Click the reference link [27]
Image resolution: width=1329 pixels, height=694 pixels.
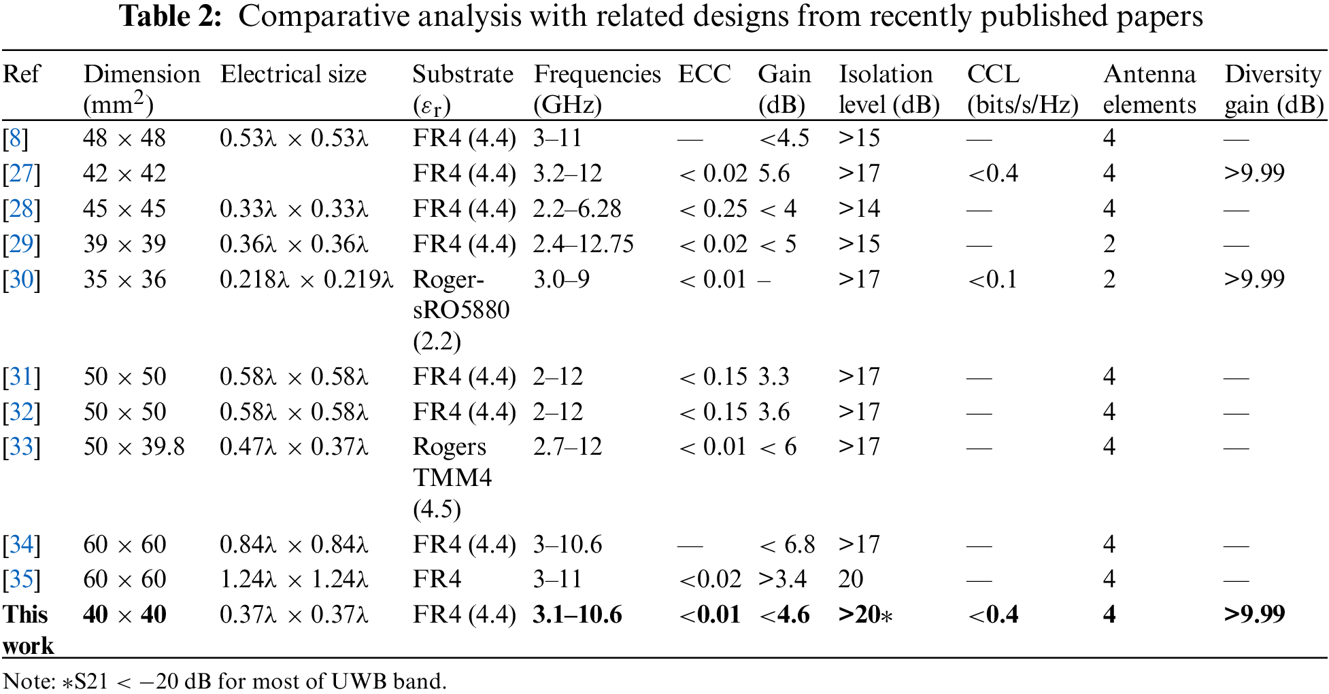[x=21, y=173]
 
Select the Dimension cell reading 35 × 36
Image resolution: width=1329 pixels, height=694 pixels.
[x=124, y=279]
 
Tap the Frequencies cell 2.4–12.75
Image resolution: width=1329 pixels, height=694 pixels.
[x=583, y=244]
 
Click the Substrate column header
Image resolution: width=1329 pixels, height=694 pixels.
[x=462, y=89]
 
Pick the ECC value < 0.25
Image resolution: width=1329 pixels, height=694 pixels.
[x=713, y=209]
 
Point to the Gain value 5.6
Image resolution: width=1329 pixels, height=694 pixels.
[x=774, y=173]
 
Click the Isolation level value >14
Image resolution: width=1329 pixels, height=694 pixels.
[x=859, y=209]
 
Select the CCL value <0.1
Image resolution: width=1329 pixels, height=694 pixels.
[x=992, y=279]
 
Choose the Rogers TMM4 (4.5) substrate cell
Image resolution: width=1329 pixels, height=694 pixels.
[x=452, y=477]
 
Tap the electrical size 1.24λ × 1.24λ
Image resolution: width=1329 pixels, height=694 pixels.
[x=294, y=579]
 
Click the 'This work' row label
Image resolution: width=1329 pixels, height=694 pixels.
[x=28, y=629]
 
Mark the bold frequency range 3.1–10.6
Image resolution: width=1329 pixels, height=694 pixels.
[x=577, y=614]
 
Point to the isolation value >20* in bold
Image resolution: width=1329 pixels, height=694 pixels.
[x=865, y=614]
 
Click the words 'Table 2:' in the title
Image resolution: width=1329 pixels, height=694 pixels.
[x=171, y=16]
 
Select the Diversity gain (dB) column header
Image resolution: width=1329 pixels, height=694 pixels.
[x=1273, y=89]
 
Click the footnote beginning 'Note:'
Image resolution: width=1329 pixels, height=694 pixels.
[x=224, y=680]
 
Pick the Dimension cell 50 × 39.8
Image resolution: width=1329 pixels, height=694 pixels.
[x=134, y=447]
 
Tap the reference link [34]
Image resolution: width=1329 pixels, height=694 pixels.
[x=21, y=544]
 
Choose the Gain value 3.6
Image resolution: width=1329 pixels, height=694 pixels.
[x=774, y=412]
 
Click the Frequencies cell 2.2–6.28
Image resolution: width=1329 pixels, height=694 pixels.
[x=577, y=209]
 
